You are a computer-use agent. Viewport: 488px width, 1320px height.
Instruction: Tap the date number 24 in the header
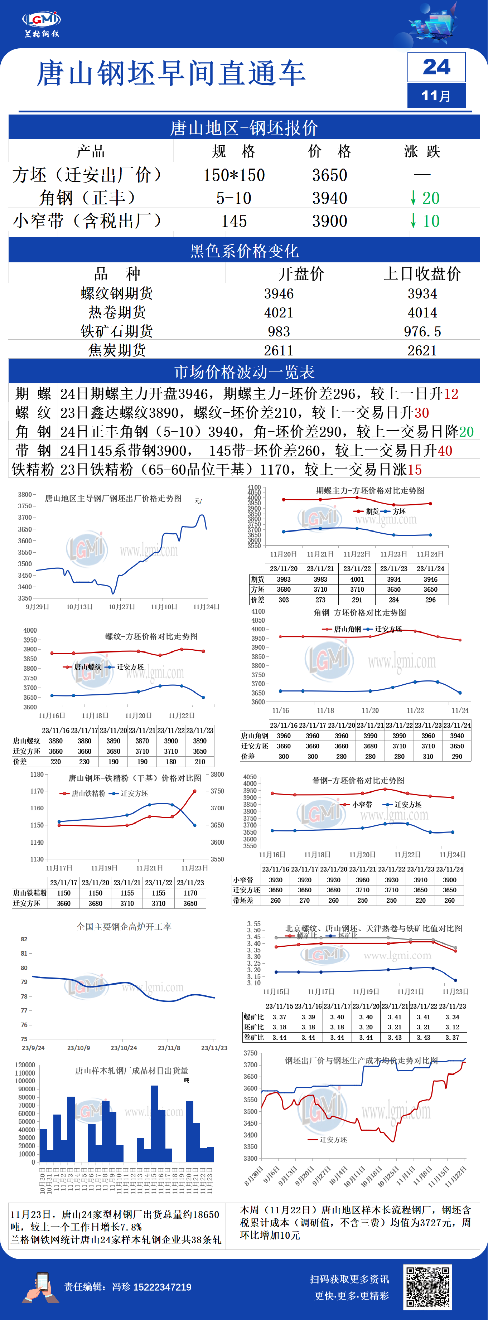(x=436, y=67)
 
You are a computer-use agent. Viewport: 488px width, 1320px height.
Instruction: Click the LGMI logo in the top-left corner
(x=41, y=23)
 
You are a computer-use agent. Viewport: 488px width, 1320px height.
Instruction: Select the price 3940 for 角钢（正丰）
(x=330, y=198)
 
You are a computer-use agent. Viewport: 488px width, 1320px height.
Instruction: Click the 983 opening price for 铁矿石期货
(x=279, y=331)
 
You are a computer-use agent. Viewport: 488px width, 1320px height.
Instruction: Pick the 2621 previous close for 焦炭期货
(x=422, y=350)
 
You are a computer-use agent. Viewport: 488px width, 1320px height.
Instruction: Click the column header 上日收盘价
(x=422, y=274)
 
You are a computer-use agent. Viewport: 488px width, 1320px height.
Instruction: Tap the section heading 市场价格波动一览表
(x=244, y=372)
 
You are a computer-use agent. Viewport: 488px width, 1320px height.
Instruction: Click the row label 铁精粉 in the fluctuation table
(x=33, y=469)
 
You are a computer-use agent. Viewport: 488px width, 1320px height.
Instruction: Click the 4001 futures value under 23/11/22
(x=357, y=579)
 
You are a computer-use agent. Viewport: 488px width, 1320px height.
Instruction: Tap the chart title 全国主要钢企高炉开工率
(x=124, y=926)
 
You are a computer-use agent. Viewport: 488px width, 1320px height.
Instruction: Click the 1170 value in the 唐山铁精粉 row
(x=190, y=893)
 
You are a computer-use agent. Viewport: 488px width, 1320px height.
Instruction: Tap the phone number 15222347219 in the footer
(x=162, y=1287)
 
